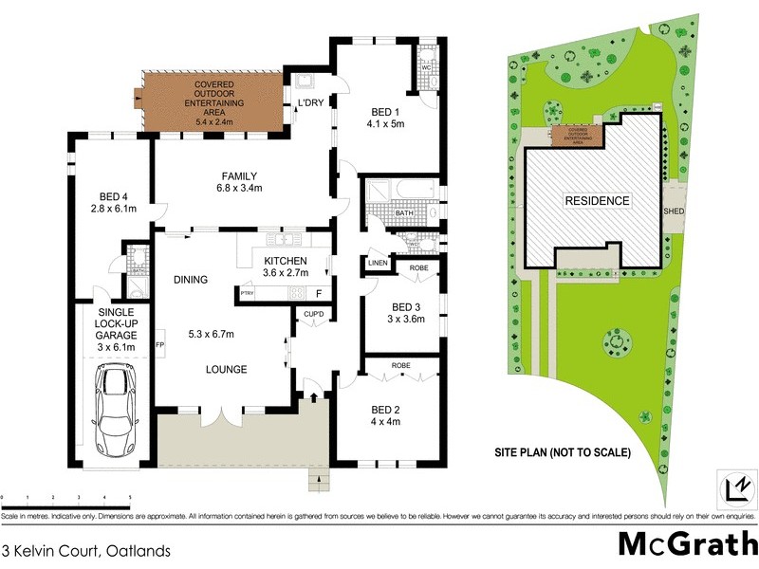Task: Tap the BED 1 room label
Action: click(385, 109)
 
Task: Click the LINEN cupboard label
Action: click(377, 263)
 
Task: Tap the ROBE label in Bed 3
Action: click(418, 268)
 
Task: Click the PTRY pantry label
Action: click(247, 294)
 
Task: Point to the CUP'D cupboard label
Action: click(314, 314)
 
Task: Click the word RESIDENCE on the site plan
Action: click(597, 201)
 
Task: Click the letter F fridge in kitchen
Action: click(319, 294)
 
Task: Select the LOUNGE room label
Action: click(225, 370)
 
